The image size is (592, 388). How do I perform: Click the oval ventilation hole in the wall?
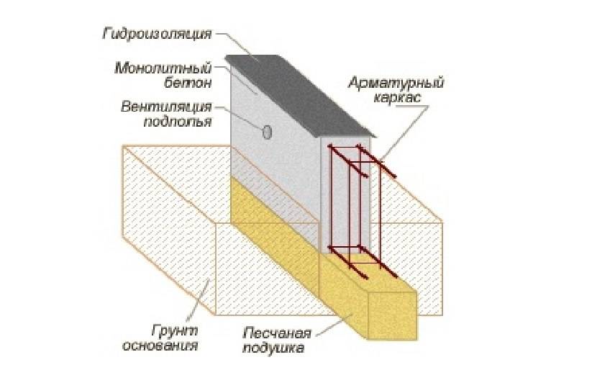(x=267, y=132)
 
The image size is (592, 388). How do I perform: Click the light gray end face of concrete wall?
(x=345, y=194)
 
